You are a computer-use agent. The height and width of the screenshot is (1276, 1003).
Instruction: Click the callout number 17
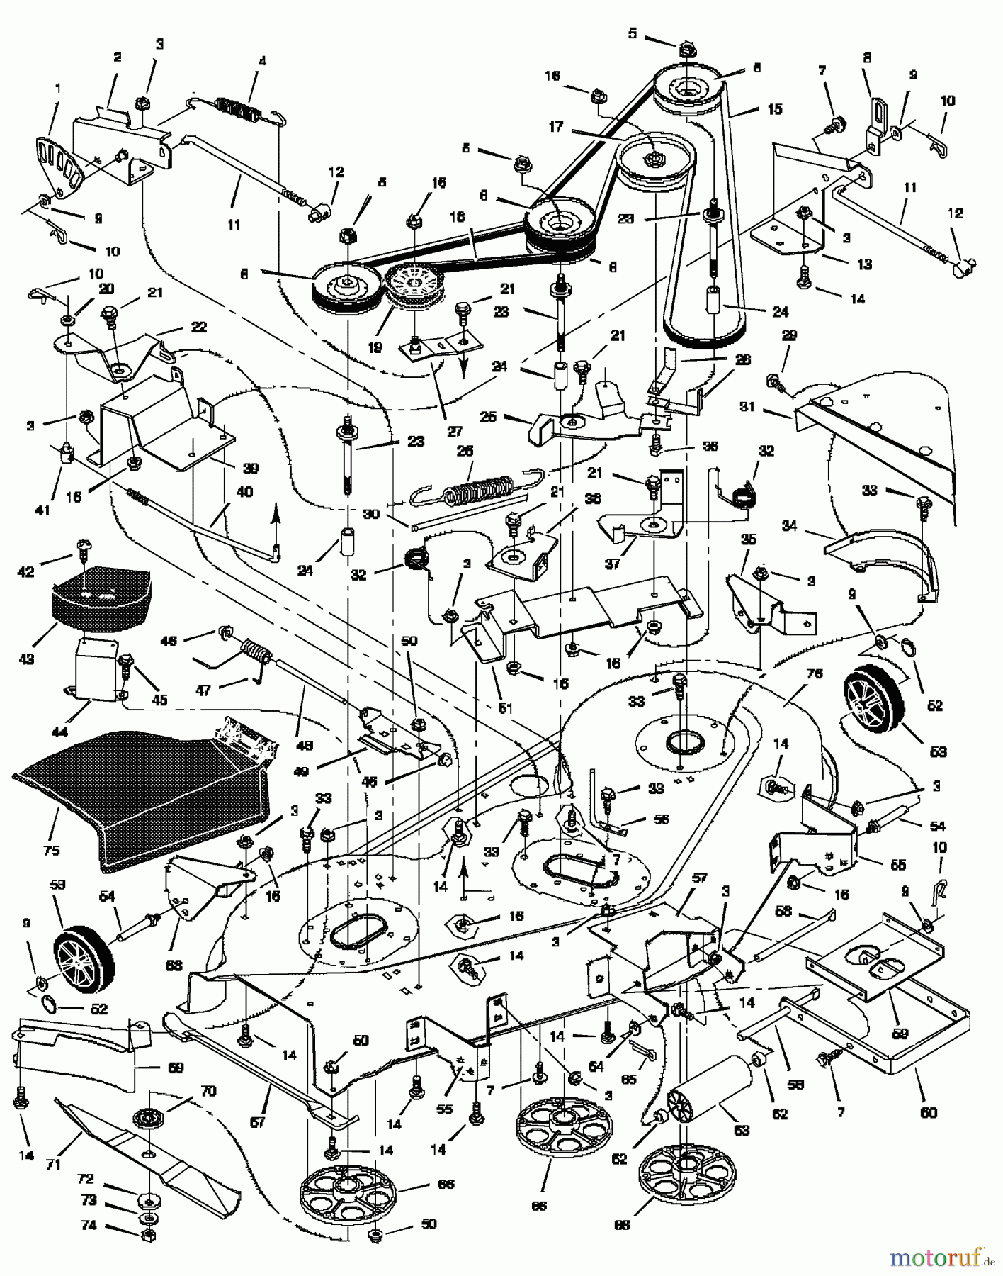(556, 127)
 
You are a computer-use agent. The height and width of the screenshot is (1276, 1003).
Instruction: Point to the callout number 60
(928, 1112)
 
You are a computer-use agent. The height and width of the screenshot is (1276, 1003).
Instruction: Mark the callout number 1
(57, 89)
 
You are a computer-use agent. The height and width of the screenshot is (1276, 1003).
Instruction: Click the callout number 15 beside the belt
(774, 109)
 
